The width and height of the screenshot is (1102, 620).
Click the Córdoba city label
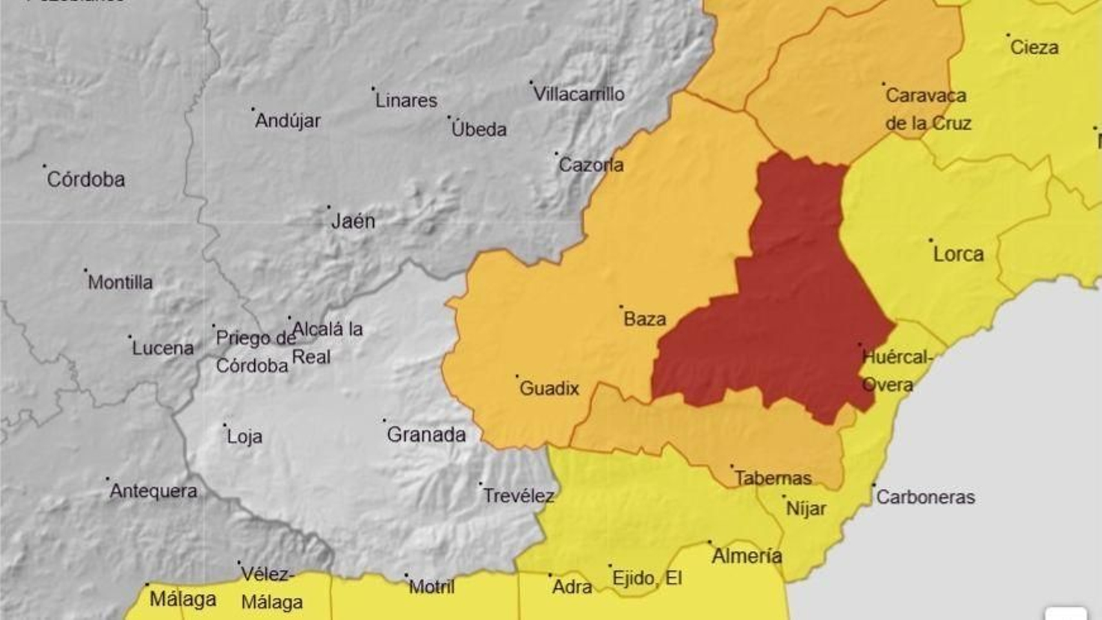pyautogui.click(x=86, y=179)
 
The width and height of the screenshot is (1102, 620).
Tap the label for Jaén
pyautogui.click(x=353, y=221)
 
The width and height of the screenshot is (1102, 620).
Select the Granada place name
pyautogui.click(x=426, y=435)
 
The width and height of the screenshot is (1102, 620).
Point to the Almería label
pyautogui.click(x=747, y=556)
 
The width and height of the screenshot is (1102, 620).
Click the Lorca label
pyautogui.click(x=958, y=254)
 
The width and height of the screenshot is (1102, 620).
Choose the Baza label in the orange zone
pyautogui.click(x=645, y=319)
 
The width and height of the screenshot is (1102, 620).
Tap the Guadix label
pyautogui.click(x=549, y=389)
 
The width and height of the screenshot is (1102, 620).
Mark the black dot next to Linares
pyautogui.click(x=373, y=88)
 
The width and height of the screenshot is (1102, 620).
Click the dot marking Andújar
pyautogui.click(x=253, y=109)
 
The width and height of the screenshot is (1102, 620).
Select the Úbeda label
pyautogui.click(x=479, y=130)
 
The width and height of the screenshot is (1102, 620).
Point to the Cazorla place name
pyautogui.click(x=591, y=165)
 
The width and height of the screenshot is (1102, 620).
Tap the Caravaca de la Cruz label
pyautogui.click(x=928, y=110)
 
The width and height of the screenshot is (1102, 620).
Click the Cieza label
pyautogui.click(x=1034, y=48)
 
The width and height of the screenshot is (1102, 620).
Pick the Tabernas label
pyautogui.click(x=773, y=478)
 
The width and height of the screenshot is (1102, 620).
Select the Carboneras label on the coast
pyautogui.click(x=925, y=497)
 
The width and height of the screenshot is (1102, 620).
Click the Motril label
pyautogui.click(x=432, y=587)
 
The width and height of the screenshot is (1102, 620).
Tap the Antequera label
pyautogui.click(x=154, y=491)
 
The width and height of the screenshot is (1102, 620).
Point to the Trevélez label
pyautogui.click(x=519, y=496)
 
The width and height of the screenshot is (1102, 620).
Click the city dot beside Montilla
pyautogui.click(x=85, y=270)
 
